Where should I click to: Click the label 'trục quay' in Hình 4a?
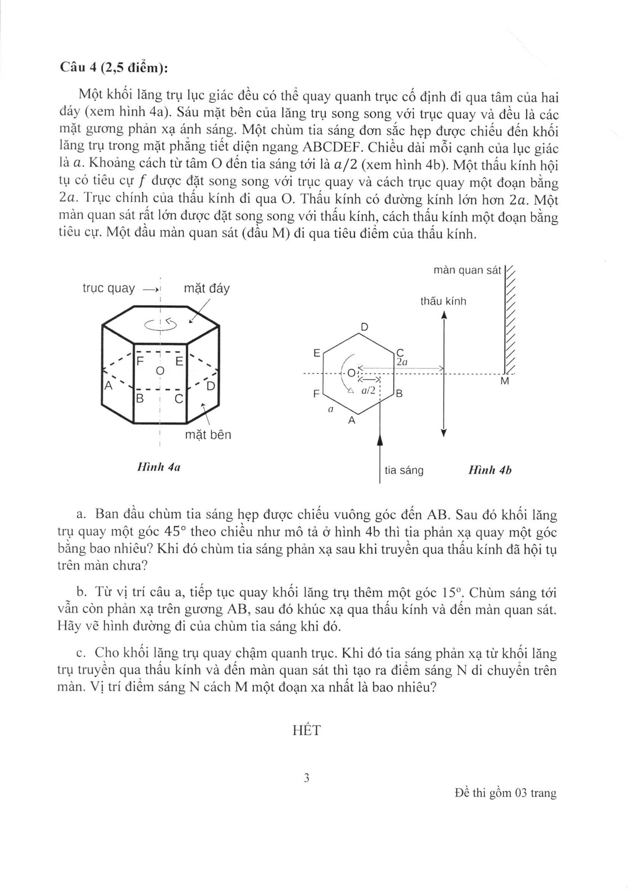pos(108,288)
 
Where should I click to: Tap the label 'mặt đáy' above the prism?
pos(206,288)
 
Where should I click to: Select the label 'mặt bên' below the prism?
pos(208,435)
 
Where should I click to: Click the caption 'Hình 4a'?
pos(159,467)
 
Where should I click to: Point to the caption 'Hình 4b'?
pos(490,470)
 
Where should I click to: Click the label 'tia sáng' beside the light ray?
pos(404,470)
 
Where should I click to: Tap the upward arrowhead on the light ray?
pos(380,440)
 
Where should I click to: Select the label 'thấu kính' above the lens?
pos(443,301)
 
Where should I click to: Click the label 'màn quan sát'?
pos(467,270)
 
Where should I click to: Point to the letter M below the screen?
pos(505,382)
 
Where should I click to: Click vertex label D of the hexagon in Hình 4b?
pos(365,326)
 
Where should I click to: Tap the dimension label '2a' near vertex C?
pos(402,362)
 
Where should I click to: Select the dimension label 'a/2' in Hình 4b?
pos(369,391)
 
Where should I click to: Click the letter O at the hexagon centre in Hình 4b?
pos(351,374)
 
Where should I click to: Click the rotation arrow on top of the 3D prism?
pos(161,324)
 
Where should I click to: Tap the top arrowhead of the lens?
pos(444,315)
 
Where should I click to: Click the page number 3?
pos(306,778)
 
